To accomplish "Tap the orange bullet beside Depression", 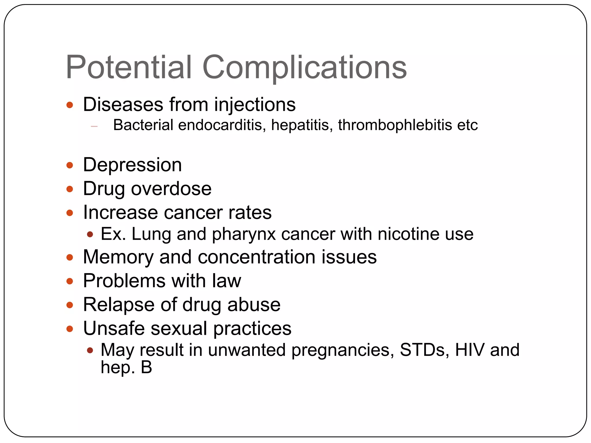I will [x=70, y=165].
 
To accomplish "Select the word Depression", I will [x=132, y=165].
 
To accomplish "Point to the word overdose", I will [x=171, y=189].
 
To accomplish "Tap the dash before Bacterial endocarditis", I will [x=94, y=126].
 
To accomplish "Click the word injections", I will [x=255, y=104].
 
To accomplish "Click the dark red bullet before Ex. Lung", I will [x=90, y=234].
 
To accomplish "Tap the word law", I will [x=227, y=281].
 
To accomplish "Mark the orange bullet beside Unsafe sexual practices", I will [x=70, y=329].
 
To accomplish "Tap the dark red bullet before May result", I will [x=90, y=350].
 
